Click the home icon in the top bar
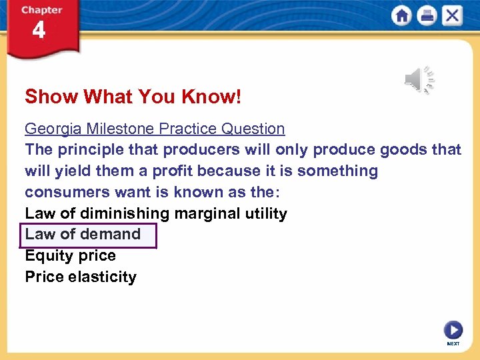[402, 15]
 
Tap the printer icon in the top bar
[427, 15]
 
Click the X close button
[452, 15]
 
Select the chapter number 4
[39, 31]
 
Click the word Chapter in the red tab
[41, 10]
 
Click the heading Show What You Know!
[133, 97]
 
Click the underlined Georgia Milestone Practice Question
[155, 129]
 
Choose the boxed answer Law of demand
[83, 235]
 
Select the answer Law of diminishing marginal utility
[155, 213]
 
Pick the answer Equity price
[70, 256]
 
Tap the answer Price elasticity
[80, 277]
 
